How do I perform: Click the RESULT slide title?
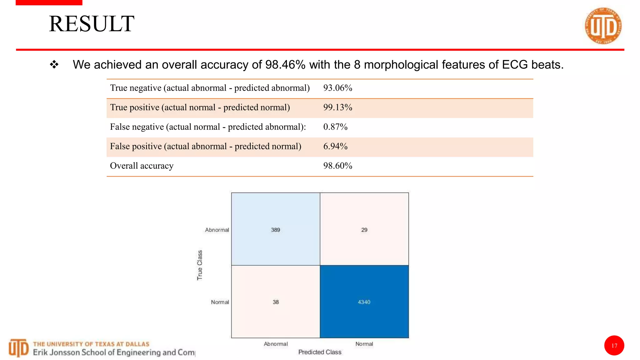pos(92,24)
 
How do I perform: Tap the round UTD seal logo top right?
pos(603,26)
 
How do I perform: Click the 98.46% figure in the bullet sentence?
pos(285,65)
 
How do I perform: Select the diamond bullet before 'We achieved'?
pos(54,65)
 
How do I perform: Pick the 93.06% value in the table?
pos(337,88)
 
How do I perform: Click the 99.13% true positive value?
pos(337,107)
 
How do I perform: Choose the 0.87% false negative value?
pos(335,127)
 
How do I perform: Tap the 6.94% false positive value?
pos(335,146)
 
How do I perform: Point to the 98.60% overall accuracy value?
pos(337,166)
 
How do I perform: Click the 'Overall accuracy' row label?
pos(142,166)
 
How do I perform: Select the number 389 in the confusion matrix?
pos(275,230)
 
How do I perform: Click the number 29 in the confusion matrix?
pos(364,230)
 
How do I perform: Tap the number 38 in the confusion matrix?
pos(275,302)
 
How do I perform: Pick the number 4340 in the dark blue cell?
pos(364,302)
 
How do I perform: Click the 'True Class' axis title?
pos(200,265)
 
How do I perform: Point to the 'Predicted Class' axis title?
pos(320,352)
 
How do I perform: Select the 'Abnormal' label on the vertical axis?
pos(217,230)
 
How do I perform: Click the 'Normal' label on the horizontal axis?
pos(364,344)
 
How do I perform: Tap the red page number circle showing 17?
pos(614,346)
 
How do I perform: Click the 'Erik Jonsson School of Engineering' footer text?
pos(114,352)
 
